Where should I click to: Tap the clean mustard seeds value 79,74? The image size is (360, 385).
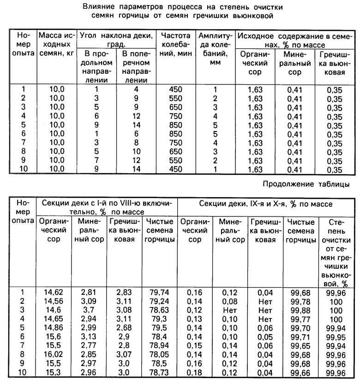(159, 292)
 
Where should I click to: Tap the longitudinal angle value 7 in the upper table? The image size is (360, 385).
(97, 160)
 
